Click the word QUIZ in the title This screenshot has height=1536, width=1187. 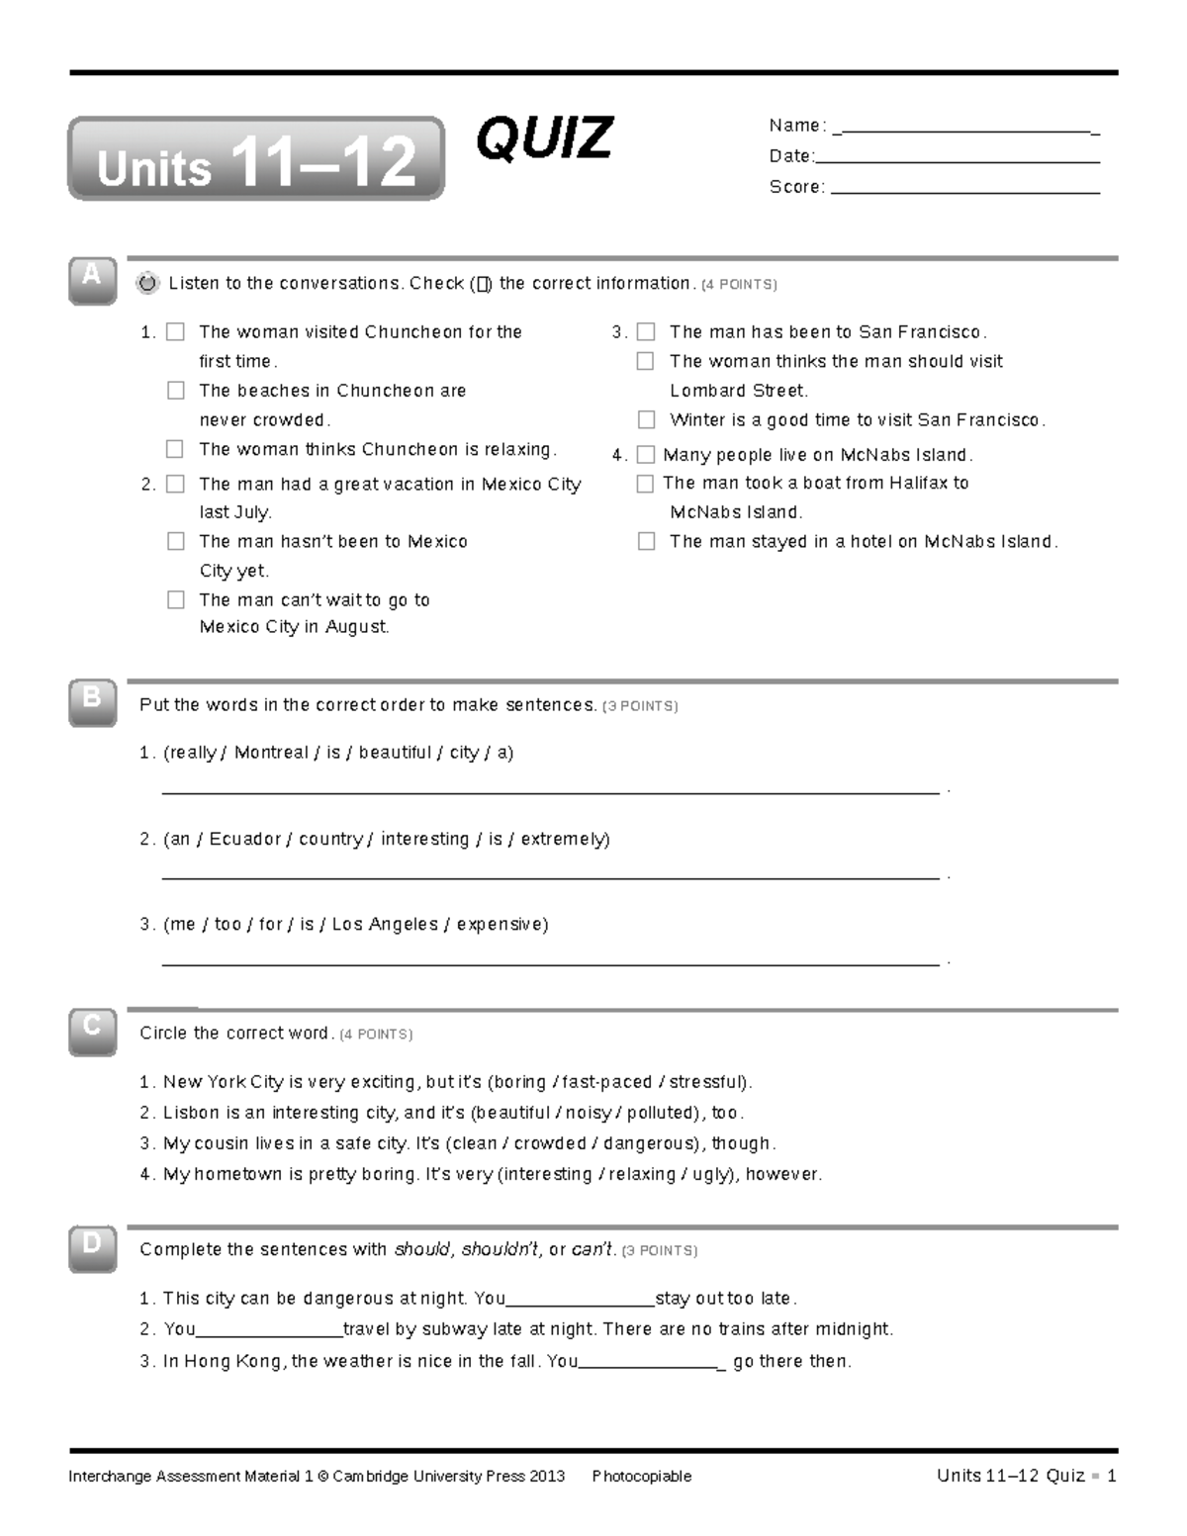coord(544,138)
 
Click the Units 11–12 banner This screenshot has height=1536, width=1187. coord(256,160)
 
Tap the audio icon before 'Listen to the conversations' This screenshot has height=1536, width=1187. coord(146,284)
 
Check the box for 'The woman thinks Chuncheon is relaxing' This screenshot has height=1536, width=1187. coord(175,449)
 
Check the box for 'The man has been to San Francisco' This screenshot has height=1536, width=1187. coord(646,331)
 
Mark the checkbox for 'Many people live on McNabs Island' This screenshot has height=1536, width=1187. coord(646,455)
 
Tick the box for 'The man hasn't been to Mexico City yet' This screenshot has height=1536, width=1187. coord(176,541)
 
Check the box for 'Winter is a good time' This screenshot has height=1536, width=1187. coord(646,419)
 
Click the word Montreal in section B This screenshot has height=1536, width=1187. coord(271,753)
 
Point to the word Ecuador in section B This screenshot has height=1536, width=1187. coord(242,839)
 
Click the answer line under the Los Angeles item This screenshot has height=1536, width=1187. coord(549,961)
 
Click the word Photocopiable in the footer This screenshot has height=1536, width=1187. coord(641,1477)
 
